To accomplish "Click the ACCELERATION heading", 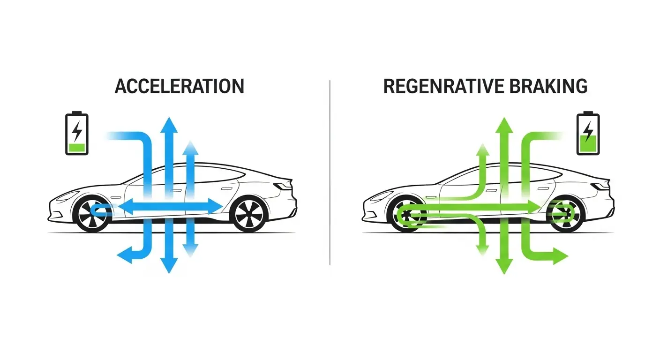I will click(x=180, y=87).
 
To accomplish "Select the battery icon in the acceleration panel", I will click(x=76, y=133).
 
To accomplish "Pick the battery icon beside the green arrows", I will click(x=588, y=133).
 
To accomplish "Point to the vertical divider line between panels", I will click(x=330, y=173).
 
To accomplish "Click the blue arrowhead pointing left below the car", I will click(x=123, y=256).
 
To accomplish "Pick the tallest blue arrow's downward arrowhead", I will click(x=169, y=266).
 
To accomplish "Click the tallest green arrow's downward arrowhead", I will click(x=504, y=266).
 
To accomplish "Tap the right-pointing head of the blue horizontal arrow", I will click(x=215, y=205).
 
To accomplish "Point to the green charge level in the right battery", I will click(x=588, y=143).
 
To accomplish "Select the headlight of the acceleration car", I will click(x=67, y=195).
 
